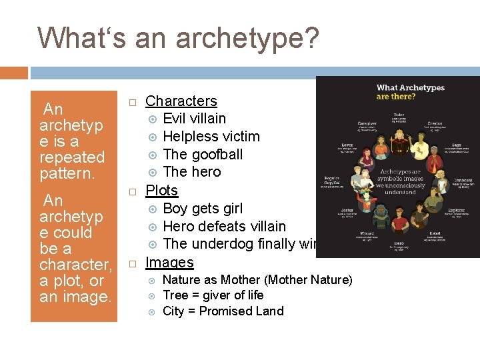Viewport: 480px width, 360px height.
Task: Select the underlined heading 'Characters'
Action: point(181,101)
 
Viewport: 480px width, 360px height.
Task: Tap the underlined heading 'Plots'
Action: point(161,190)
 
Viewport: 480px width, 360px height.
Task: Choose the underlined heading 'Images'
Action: point(169,262)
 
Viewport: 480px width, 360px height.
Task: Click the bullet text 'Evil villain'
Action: point(194,119)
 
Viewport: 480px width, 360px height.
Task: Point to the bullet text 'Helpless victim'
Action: point(211,137)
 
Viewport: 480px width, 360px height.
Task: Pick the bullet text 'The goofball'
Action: point(203,155)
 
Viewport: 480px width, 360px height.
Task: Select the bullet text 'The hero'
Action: point(192,172)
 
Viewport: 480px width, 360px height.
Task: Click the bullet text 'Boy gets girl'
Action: point(203,209)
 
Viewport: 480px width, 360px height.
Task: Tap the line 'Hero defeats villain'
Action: point(224,227)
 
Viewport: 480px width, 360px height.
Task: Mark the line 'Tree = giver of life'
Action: point(213,295)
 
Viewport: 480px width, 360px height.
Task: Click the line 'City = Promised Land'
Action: point(223,311)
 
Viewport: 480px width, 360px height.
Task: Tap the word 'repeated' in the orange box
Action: point(72,158)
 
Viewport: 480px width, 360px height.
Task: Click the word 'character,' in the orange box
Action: point(75,265)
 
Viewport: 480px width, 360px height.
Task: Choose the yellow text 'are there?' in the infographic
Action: point(397,97)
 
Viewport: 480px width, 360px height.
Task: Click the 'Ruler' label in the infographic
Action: point(399,115)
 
